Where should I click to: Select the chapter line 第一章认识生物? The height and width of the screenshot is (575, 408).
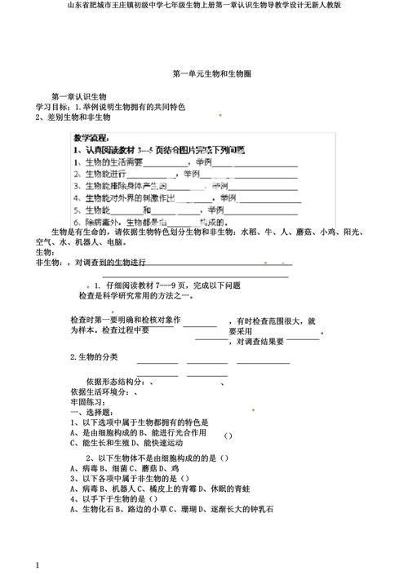pos(79,96)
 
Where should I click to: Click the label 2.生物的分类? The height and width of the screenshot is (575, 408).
pos(94,358)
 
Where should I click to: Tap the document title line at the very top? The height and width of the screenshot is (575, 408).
pos(204,6)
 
